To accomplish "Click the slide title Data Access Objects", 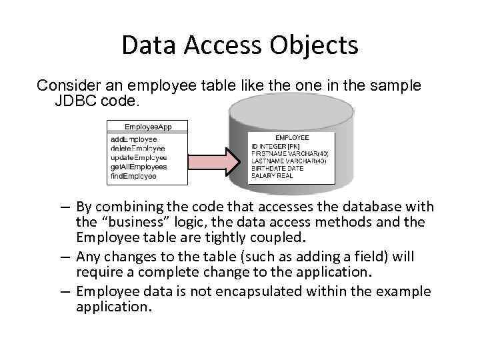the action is [x=240, y=45].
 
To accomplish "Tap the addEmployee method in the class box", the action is [x=134, y=139].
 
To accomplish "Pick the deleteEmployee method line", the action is [x=137, y=148].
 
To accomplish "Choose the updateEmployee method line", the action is [x=139, y=157].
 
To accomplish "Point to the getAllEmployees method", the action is [x=139, y=167].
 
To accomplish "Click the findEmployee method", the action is [x=133, y=176].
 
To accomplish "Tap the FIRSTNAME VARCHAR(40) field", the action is [x=290, y=153].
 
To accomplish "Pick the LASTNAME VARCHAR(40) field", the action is [x=289, y=161].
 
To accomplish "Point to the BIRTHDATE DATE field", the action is [x=277, y=169].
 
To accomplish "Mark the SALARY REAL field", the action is [x=273, y=176].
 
